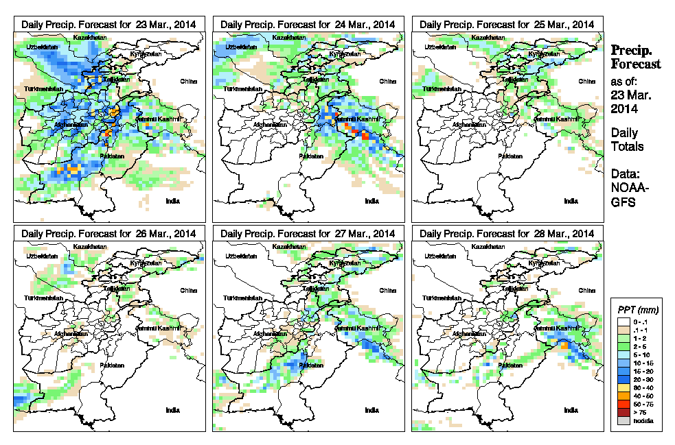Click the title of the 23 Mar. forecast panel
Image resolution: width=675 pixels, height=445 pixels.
tap(109, 24)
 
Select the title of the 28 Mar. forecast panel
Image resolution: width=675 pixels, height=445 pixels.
tap(507, 234)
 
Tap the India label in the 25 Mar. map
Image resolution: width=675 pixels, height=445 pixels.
tap(571, 201)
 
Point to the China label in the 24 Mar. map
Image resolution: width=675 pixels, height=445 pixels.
tap(387, 81)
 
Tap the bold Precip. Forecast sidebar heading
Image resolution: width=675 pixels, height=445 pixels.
tap(636, 57)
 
